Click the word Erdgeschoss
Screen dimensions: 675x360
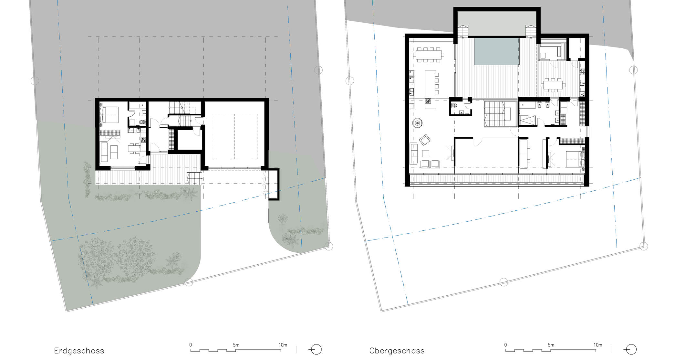click(79, 351)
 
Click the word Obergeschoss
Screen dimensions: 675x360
click(397, 351)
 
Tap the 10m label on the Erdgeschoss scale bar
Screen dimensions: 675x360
click(283, 345)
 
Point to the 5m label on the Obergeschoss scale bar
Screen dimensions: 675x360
click(551, 345)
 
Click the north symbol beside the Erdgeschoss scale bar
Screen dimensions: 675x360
click(315, 350)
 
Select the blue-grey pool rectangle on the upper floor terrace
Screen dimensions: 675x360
click(496, 51)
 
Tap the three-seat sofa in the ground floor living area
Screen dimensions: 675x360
click(104, 152)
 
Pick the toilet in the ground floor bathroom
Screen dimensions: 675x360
click(142, 122)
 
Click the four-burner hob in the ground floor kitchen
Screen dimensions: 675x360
click(143, 140)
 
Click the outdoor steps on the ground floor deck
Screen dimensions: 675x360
click(194, 179)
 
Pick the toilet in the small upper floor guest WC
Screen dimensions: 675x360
click(455, 105)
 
